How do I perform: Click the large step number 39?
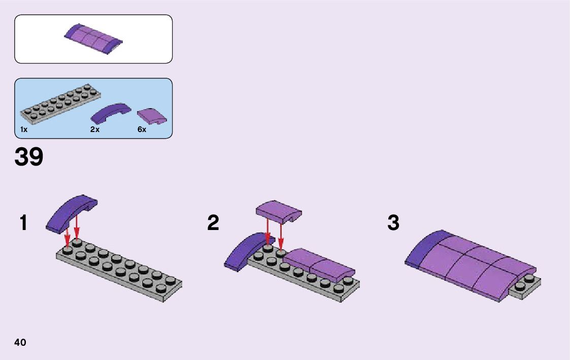(x=29, y=157)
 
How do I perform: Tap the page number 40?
(x=20, y=342)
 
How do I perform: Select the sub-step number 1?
(x=23, y=223)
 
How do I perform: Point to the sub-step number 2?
(x=213, y=223)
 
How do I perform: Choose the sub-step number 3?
(x=393, y=223)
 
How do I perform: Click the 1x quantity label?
(x=23, y=129)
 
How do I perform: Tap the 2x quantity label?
(x=94, y=129)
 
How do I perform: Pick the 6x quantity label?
(x=142, y=129)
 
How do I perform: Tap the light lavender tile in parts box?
(x=152, y=116)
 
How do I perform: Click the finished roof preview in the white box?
(x=93, y=38)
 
